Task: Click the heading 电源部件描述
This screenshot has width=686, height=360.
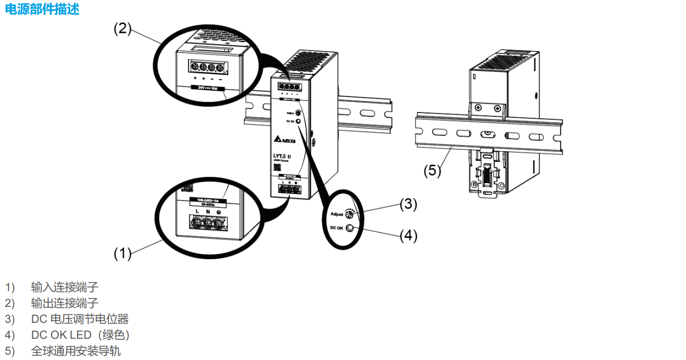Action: [42, 9]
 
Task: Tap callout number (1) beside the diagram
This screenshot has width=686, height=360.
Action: [123, 254]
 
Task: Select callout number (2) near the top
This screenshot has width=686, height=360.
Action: [123, 29]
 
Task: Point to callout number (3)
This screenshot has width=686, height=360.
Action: [408, 204]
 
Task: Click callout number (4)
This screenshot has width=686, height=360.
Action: [408, 235]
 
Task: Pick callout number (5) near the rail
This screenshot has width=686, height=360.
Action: [432, 170]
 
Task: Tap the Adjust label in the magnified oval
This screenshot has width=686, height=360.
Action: [337, 215]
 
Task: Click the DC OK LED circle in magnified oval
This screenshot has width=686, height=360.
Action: [350, 229]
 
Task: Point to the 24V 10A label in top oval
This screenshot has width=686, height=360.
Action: [208, 88]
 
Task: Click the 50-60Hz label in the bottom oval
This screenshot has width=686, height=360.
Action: [207, 203]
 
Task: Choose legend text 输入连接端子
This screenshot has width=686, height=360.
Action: [65, 287]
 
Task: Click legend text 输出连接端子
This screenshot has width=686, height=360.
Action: [65, 303]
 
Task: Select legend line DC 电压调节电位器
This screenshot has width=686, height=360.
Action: [80, 319]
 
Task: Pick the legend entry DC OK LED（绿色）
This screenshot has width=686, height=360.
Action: [80, 335]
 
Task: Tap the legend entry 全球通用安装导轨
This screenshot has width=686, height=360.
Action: [76, 351]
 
